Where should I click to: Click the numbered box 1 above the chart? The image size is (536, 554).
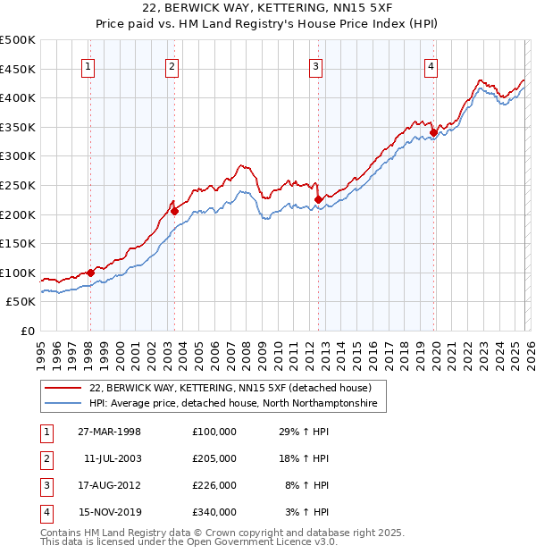tap(89, 65)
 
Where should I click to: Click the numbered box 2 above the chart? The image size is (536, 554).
tap(172, 65)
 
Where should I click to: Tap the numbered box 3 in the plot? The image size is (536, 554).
tap(316, 65)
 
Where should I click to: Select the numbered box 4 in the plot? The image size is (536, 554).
tap(431, 65)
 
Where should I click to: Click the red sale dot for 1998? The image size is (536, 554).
tap(90, 273)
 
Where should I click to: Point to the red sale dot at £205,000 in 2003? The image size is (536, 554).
tap(174, 212)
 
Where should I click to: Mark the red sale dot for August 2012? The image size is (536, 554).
tap(318, 199)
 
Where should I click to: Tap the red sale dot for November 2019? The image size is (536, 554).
tap(433, 132)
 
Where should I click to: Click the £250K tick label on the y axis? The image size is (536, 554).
tap(18, 185)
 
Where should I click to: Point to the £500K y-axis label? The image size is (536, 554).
tap(18, 40)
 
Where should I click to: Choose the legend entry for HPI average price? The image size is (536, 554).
tap(232, 404)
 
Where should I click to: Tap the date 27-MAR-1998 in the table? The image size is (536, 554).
tap(110, 432)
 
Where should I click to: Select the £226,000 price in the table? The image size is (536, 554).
tap(214, 485)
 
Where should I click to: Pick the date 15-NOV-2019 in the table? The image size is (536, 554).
tap(110, 512)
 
